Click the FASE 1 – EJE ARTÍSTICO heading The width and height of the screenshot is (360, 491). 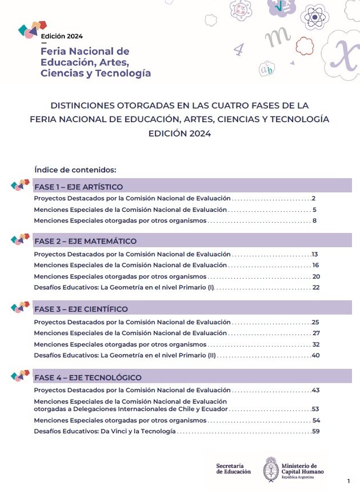pyautogui.click(x=79, y=187)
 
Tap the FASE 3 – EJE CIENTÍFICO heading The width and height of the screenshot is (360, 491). pyautogui.click(x=81, y=309)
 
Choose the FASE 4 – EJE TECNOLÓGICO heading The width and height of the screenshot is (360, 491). pyautogui.click(x=88, y=377)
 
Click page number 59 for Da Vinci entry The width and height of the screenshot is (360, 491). pyautogui.click(x=315, y=432)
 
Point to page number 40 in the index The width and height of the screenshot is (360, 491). pyautogui.click(x=315, y=356)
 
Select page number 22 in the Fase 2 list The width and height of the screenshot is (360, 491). pyautogui.click(x=315, y=287)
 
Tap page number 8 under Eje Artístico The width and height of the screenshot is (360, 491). pyautogui.click(x=314, y=220)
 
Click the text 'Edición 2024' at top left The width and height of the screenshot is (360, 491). pyautogui.click(x=62, y=36)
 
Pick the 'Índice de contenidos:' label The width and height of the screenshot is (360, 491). pyautogui.click(x=75, y=170)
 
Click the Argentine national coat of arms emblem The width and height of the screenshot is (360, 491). pyautogui.click(x=271, y=469)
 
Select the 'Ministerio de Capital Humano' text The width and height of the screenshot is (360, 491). pyautogui.click(x=303, y=469)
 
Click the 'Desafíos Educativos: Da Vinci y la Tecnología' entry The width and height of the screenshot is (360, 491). pyautogui.click(x=105, y=432)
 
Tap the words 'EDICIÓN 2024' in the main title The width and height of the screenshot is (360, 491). pyautogui.click(x=179, y=134)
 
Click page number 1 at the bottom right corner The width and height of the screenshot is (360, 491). pyautogui.click(x=349, y=481)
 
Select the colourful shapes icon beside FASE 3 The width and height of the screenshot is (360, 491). pyautogui.click(x=21, y=308)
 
